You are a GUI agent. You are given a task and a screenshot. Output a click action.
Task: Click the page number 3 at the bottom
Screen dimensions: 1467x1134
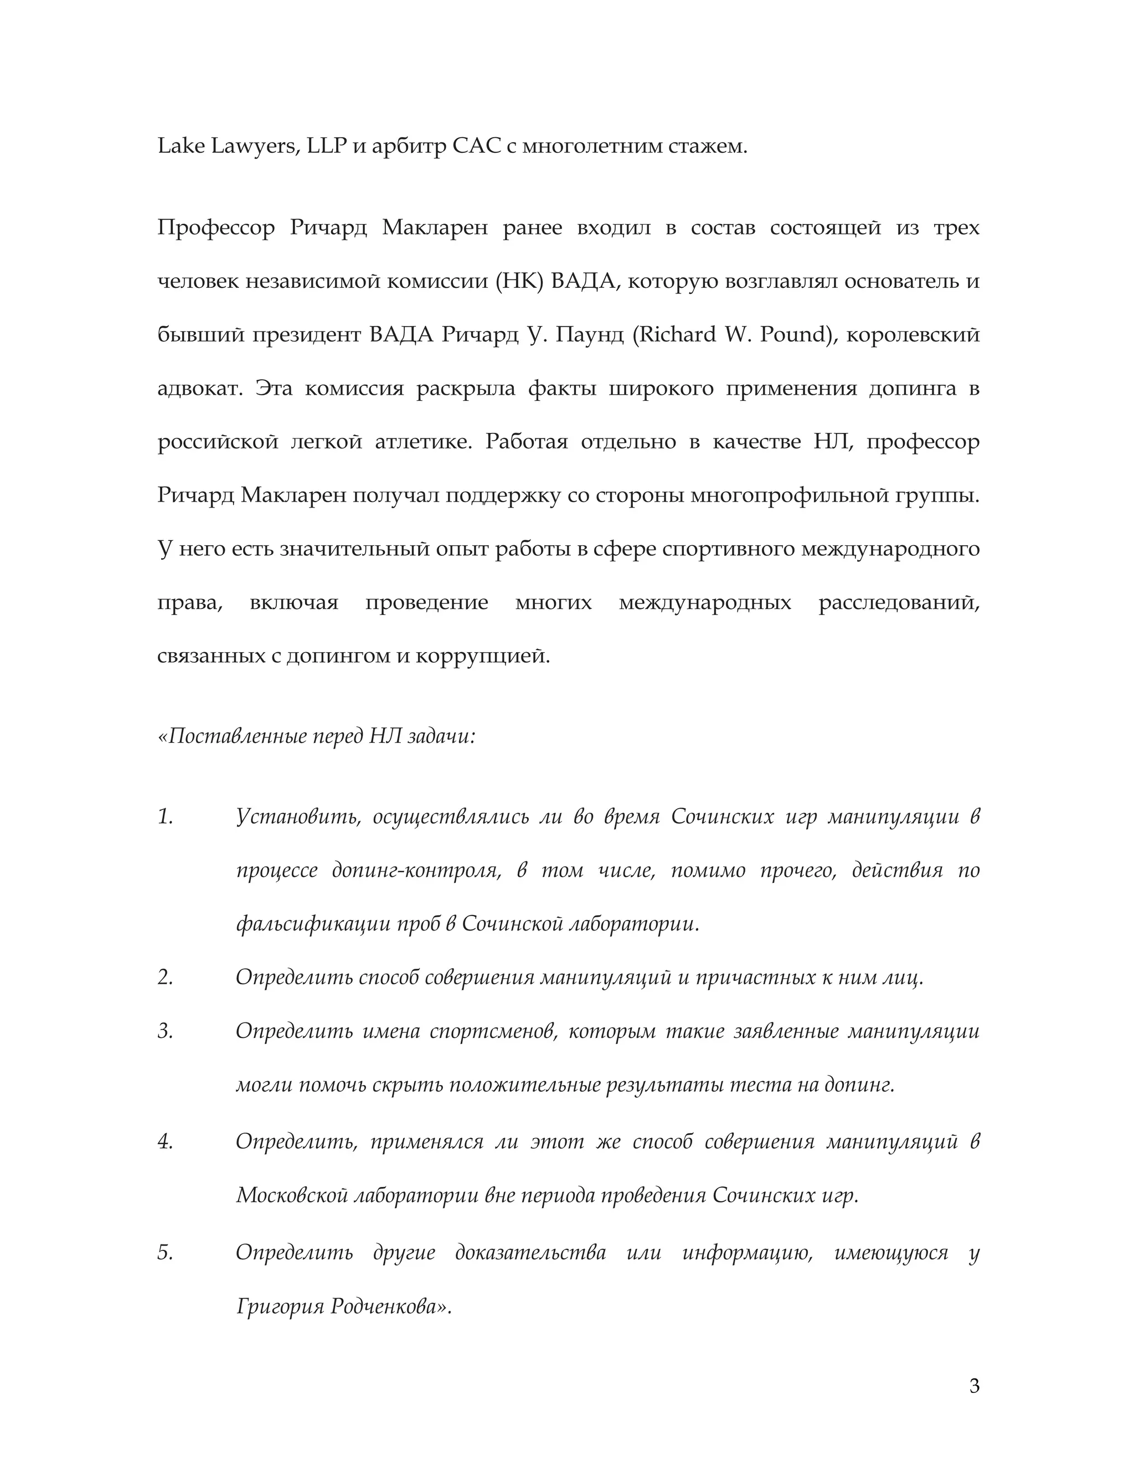pos(974,1386)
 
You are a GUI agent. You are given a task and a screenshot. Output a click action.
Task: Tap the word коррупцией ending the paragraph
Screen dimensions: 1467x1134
pos(482,655)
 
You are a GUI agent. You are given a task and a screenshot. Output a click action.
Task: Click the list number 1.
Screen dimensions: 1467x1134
pos(165,817)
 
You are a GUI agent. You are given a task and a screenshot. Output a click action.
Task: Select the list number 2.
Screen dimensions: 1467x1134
pos(165,977)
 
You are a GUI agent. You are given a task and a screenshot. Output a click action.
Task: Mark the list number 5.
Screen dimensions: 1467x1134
pos(165,1253)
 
